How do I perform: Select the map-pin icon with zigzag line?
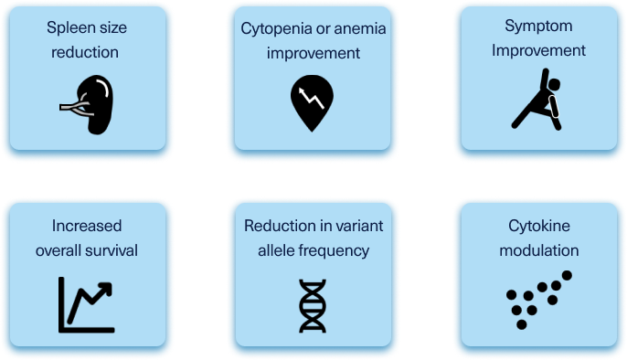pyautogui.click(x=313, y=100)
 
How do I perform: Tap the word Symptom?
pyautogui.click(x=539, y=28)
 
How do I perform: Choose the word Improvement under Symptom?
pyautogui.click(x=539, y=51)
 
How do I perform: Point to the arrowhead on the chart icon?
pyautogui.click(x=108, y=289)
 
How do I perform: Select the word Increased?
pyautogui.click(x=87, y=226)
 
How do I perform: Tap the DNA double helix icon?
pyautogui.click(x=313, y=305)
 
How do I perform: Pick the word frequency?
pyautogui.click(x=340, y=249)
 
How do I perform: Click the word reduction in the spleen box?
pyautogui.click(x=87, y=52)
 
